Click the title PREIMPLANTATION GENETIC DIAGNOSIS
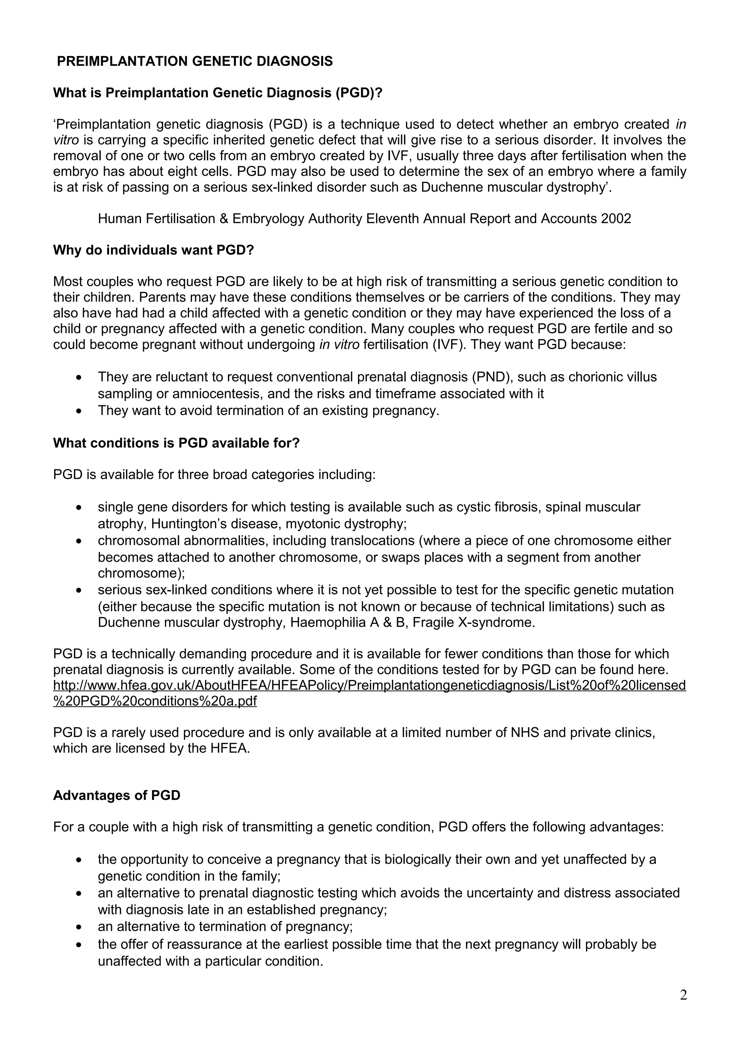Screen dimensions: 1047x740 pos(195,61)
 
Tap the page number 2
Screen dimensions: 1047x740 pos(683,995)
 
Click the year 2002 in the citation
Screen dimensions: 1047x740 pos(616,219)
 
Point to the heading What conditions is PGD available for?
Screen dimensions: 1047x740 pos(176,443)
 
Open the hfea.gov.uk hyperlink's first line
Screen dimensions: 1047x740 pos(369,685)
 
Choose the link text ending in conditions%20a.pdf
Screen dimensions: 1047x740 pos(155,701)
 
